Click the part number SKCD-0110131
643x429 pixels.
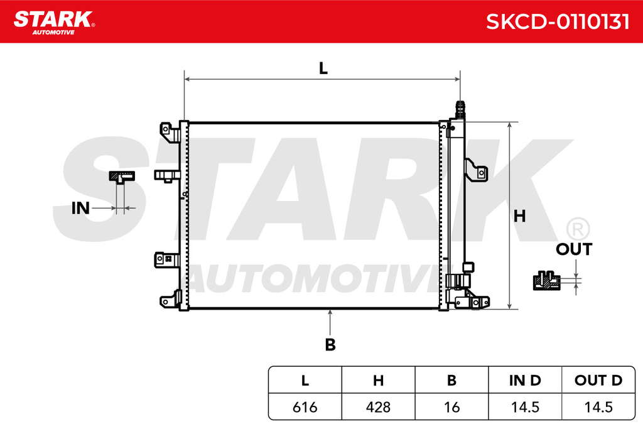(558, 21)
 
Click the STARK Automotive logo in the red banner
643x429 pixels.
(54, 23)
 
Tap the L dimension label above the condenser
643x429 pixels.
(323, 68)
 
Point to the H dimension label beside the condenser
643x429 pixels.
(519, 215)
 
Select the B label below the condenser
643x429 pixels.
(330, 344)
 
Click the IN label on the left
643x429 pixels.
(80, 209)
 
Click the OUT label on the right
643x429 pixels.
(574, 249)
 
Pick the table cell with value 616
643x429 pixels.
(305, 407)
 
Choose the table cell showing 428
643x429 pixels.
(378, 407)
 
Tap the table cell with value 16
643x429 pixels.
(451, 407)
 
